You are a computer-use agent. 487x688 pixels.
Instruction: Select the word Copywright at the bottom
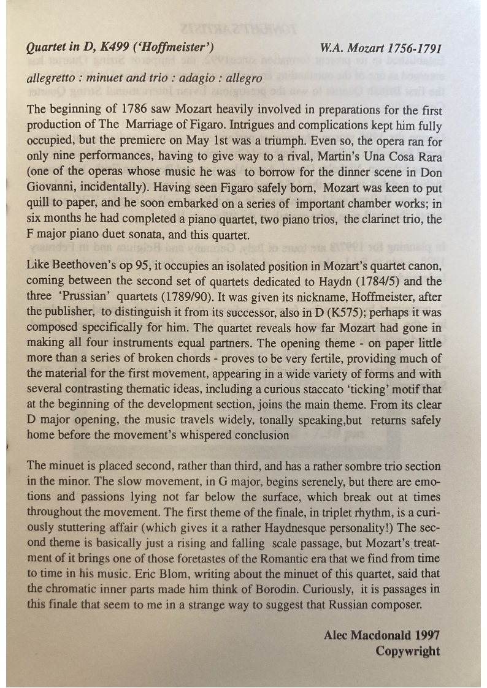[407, 651]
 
